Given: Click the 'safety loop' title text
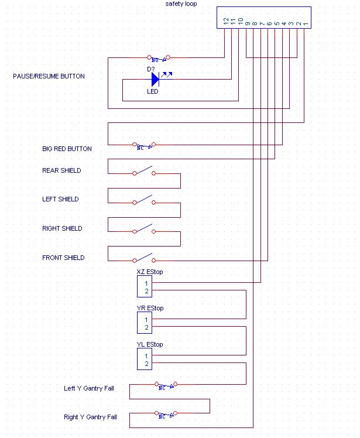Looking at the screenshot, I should pyautogui.click(x=181, y=4).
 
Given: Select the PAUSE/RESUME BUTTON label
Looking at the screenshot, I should pyautogui.click(x=49, y=77).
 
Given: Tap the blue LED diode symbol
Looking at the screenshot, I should pyautogui.click(x=155, y=80).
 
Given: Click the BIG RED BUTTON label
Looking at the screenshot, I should pyautogui.click(x=67, y=149).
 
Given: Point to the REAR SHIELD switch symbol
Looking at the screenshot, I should pyautogui.click(x=143, y=172).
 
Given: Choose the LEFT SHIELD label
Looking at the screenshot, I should pyautogui.click(x=60, y=200).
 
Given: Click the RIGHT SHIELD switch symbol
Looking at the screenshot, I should pyautogui.click(x=143, y=230).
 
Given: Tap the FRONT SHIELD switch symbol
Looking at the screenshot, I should pyautogui.click(x=143, y=259).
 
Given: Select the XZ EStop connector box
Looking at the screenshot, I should pyautogui.click(x=144, y=287).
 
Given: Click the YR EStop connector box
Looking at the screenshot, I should pyautogui.click(x=144, y=323).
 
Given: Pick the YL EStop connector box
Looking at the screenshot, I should pyautogui.click(x=144, y=359).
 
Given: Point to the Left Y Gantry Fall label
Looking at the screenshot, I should pyautogui.click(x=90, y=389).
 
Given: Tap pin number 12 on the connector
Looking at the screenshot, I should pyautogui.click(x=226, y=21).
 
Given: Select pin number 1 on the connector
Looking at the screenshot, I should pyautogui.click(x=305, y=23).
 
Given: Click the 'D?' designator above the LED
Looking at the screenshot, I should pyautogui.click(x=150, y=69).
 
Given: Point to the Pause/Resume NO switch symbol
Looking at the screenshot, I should pyautogui.click(x=158, y=58).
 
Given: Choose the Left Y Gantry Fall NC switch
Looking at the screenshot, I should pyautogui.click(x=167, y=385).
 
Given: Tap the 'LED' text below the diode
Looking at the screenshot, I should pyautogui.click(x=152, y=91).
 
